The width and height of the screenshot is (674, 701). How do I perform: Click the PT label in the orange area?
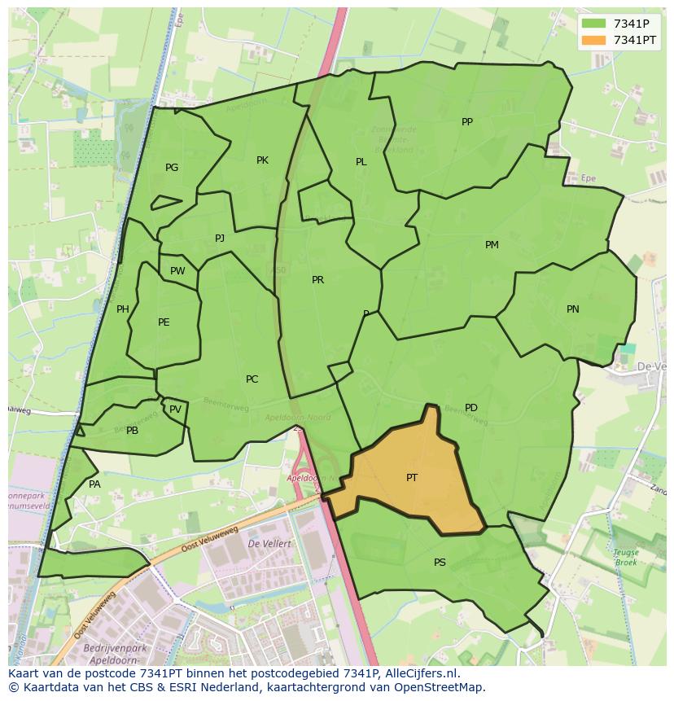[x=412, y=478]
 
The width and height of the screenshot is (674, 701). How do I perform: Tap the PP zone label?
[x=467, y=122]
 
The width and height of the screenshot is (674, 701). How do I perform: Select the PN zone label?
[x=573, y=309]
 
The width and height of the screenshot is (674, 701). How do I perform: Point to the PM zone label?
[x=492, y=245]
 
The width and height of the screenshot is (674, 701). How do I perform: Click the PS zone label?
[x=440, y=563]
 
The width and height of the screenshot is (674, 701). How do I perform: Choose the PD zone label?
[x=471, y=408]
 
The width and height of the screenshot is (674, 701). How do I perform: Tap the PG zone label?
[x=172, y=168]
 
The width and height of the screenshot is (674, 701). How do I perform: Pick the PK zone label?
[x=262, y=160]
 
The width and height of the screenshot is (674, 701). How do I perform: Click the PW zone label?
[x=177, y=271]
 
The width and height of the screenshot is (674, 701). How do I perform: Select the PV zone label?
[x=175, y=410]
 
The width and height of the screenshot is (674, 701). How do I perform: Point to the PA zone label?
[x=94, y=484]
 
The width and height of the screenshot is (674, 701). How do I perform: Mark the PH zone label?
[x=123, y=309]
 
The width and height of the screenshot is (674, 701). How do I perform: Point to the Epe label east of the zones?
[x=589, y=177]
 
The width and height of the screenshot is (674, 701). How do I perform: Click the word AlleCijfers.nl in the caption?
[x=414, y=673]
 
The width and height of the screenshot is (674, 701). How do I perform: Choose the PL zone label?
[x=361, y=162]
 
